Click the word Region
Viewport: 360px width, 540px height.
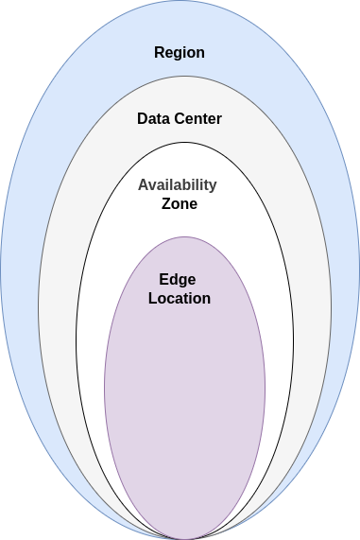pos(180,52)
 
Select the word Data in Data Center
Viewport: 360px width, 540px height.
pos(154,119)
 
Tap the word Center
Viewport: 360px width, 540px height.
pos(198,119)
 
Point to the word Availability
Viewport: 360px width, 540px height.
pos(178,184)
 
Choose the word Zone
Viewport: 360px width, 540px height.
pos(180,203)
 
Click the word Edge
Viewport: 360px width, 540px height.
pos(178,280)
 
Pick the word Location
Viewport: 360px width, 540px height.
pos(180,299)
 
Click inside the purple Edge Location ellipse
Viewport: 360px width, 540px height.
pos(184,397)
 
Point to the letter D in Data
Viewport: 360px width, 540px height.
pos(142,119)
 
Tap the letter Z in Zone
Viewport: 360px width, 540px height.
pos(167,203)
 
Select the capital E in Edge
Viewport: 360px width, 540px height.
pos(164,280)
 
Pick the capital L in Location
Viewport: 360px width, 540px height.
pos(152,299)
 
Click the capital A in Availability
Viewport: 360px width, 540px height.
pos(144,184)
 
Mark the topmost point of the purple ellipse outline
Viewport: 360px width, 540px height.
pos(184,236)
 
